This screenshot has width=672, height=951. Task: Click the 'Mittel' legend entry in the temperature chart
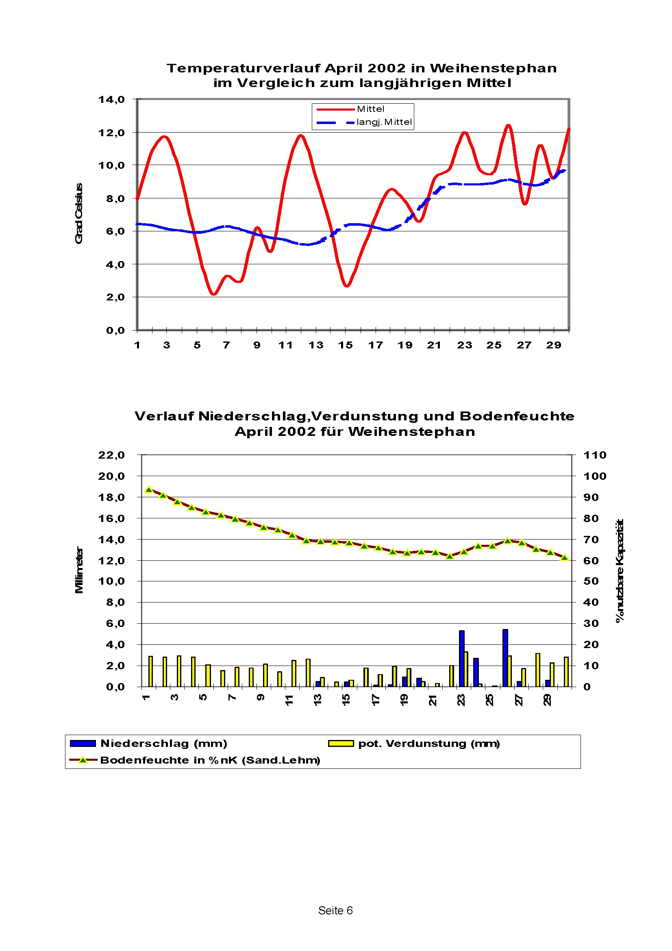[370, 109]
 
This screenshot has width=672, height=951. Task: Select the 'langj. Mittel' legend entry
[384, 122]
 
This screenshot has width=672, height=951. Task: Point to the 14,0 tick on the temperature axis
[111, 99]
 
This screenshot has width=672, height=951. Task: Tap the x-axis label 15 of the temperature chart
[345, 345]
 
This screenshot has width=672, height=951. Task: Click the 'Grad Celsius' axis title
[79, 213]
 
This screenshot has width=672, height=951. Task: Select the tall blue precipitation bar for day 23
[461, 658]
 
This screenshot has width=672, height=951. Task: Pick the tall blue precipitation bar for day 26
[505, 658]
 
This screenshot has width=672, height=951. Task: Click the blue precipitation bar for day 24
[476, 672]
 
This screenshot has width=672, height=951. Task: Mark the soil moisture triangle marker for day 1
[149, 490]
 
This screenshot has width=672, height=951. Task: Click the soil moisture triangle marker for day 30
[564, 557]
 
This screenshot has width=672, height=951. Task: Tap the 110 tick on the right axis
[595, 455]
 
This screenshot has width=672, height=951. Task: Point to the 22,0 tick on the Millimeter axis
[111, 455]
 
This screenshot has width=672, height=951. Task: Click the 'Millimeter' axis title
[79, 570]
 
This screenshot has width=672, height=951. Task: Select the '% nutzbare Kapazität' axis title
[620, 570]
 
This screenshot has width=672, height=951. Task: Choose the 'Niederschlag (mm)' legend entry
[163, 743]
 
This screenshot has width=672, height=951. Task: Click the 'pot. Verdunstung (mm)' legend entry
[428, 743]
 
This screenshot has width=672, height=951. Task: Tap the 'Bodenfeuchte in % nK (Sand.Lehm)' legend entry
[210, 759]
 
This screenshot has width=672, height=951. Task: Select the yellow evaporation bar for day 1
[150, 671]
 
